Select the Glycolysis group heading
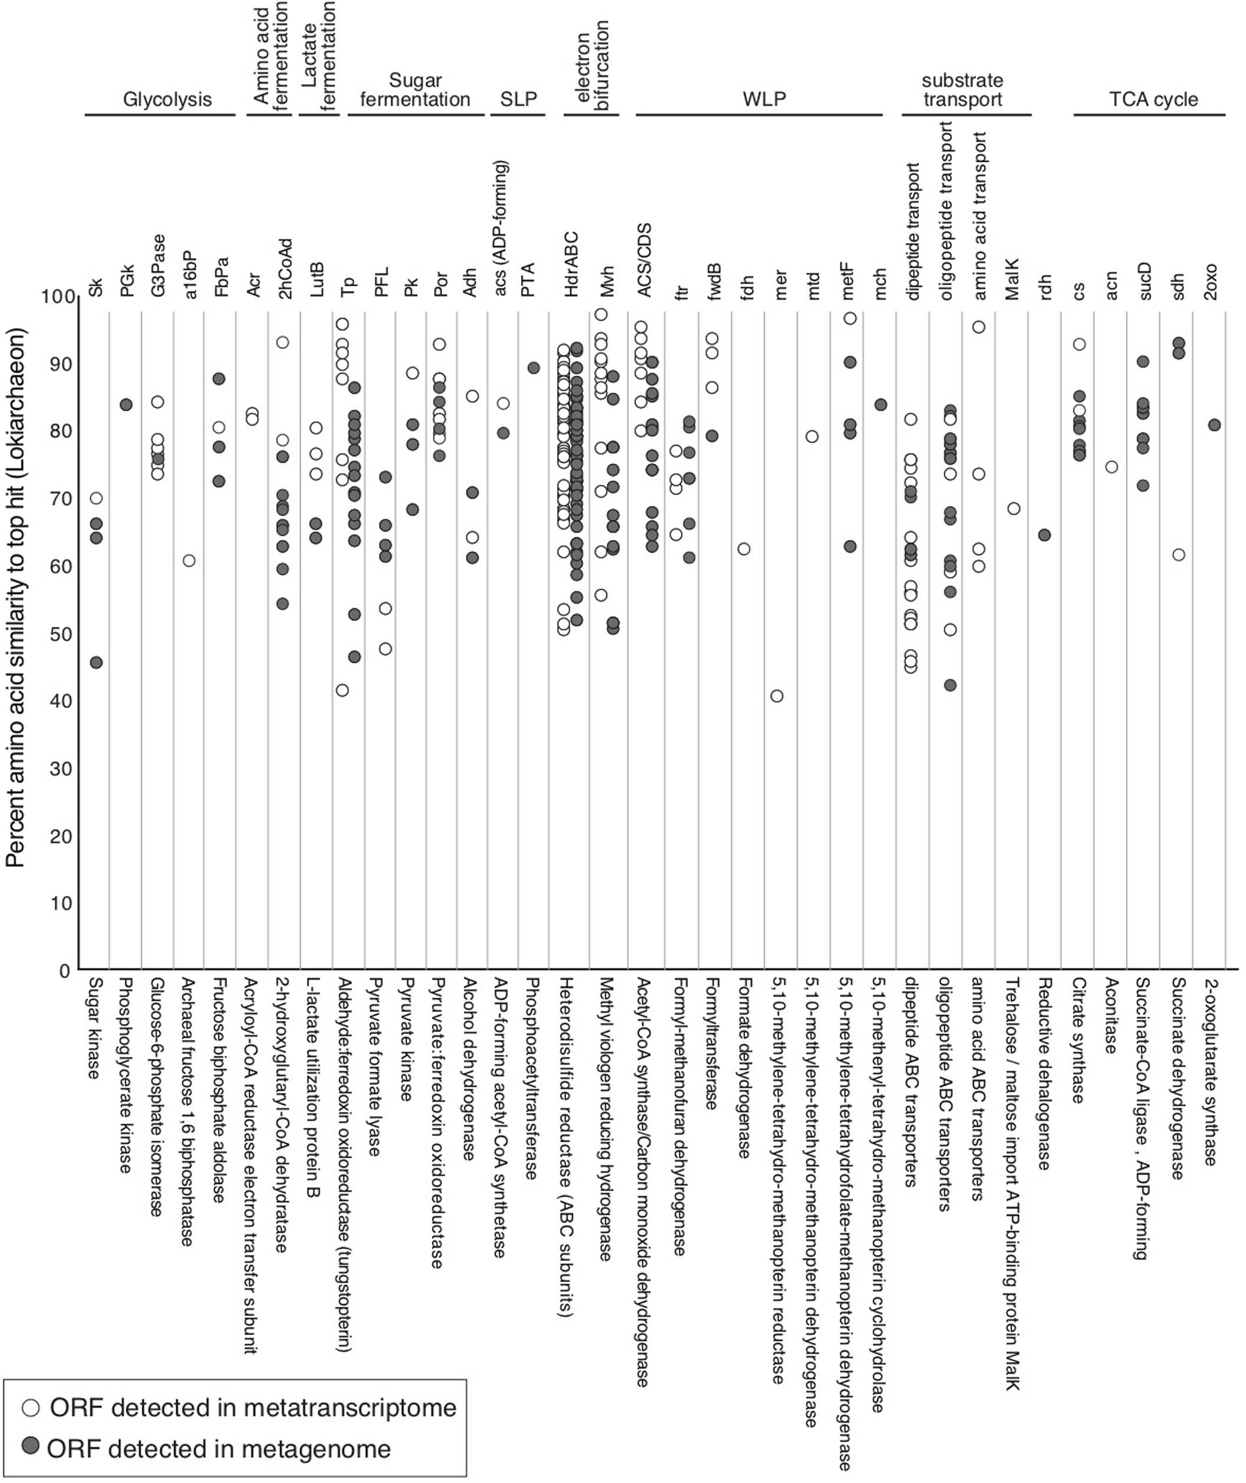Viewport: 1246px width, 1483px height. pos(167,100)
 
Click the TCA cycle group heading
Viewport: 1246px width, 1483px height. pos(1153,100)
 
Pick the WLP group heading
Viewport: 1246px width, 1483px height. pos(764,100)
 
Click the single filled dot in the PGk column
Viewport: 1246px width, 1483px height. pos(127,405)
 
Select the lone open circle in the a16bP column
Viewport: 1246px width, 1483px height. pos(189,561)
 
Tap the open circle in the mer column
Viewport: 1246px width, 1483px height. pos(776,696)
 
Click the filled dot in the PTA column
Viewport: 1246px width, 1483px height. pos(533,368)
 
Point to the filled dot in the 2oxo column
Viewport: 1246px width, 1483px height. pos(1214,425)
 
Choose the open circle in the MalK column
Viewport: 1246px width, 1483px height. pos(1014,509)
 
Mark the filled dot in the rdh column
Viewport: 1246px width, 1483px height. pos(1044,536)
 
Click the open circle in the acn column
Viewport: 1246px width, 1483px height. pos(1111,467)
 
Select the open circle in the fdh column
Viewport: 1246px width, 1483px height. pos(744,549)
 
